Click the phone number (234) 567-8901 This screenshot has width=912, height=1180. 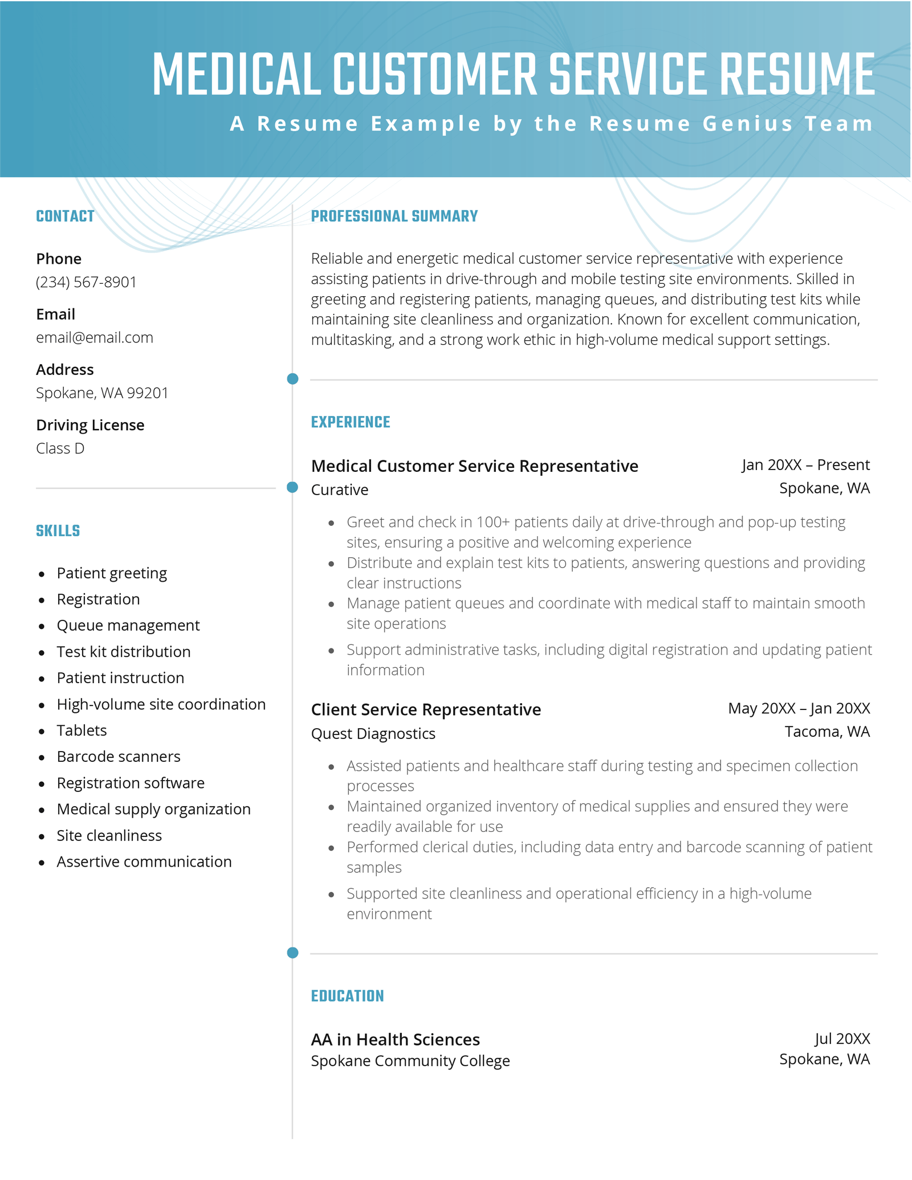point(86,282)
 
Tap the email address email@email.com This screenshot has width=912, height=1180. point(95,337)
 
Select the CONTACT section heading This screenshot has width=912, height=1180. point(65,217)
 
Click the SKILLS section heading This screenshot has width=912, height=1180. point(58,531)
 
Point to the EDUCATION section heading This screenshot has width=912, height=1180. point(347,996)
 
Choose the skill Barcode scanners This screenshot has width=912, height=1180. point(119,757)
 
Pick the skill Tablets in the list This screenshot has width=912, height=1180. point(82,730)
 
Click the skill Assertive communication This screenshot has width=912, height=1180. point(144,861)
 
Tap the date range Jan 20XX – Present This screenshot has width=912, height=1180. point(805,465)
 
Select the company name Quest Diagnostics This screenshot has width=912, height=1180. point(373,734)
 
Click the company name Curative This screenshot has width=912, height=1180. point(340,490)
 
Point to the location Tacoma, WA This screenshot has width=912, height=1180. point(827,732)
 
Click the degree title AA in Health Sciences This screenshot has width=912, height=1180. point(395,1040)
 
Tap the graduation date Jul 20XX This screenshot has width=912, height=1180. point(842,1039)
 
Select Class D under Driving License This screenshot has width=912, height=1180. point(60,448)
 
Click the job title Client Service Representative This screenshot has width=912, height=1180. point(426,710)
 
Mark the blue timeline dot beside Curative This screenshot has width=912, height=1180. point(292,487)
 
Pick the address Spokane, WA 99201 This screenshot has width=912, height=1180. point(102,393)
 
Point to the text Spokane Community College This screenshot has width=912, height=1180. point(410,1061)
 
